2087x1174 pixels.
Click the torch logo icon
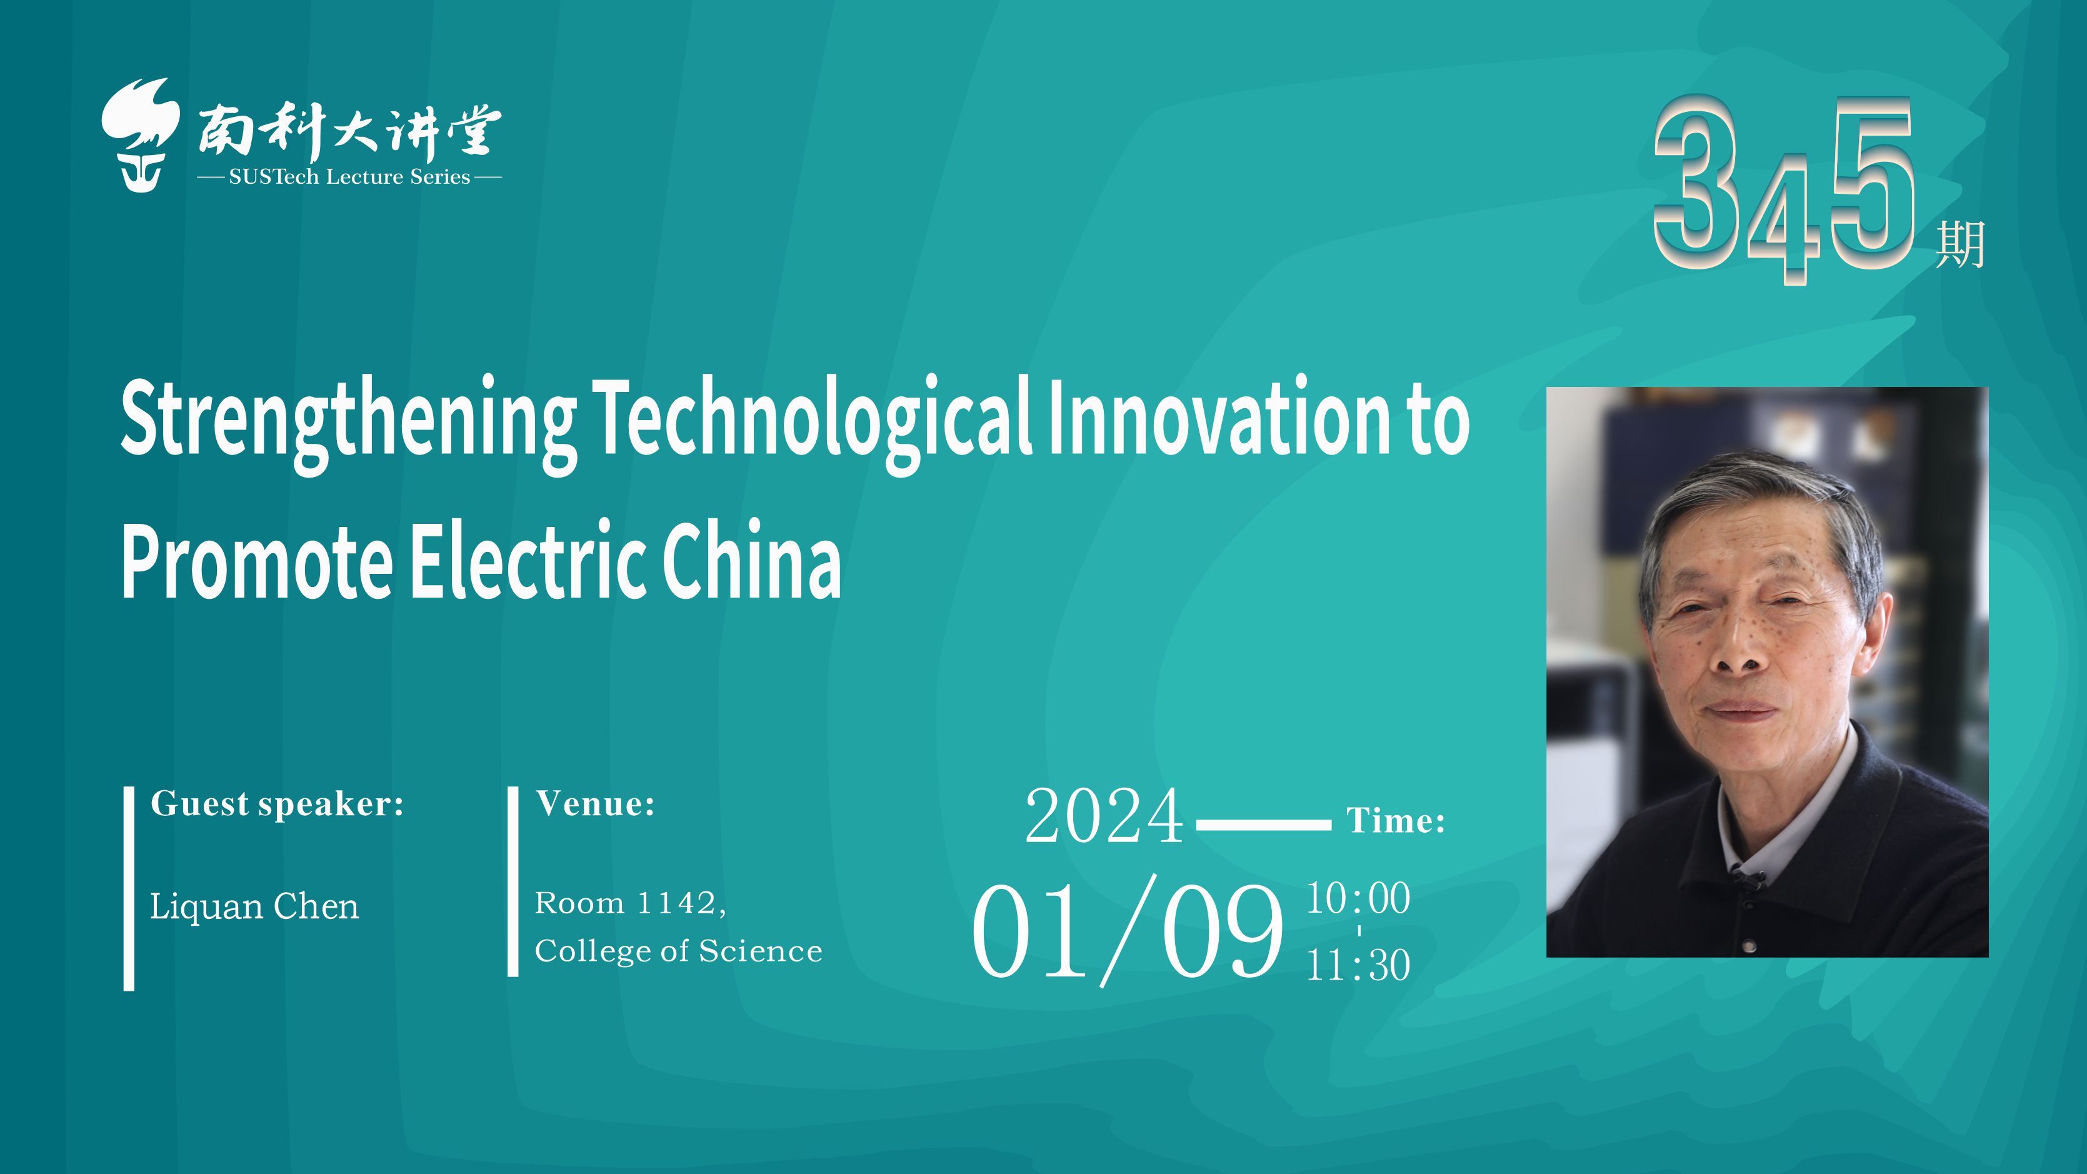pyautogui.click(x=140, y=134)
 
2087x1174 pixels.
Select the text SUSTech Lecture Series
pyautogui.click(x=349, y=178)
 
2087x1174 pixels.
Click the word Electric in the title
pyautogui.click(x=528, y=558)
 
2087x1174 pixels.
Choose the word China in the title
pyautogui.click(x=752, y=558)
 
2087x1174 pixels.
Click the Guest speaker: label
pyautogui.click(x=277, y=805)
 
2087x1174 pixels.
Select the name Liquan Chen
pyautogui.click(x=254, y=906)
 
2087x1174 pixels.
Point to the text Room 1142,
pyautogui.click(x=630, y=903)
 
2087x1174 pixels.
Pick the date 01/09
pyautogui.click(x=1128, y=930)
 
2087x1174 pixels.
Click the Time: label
pyautogui.click(x=1396, y=821)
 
